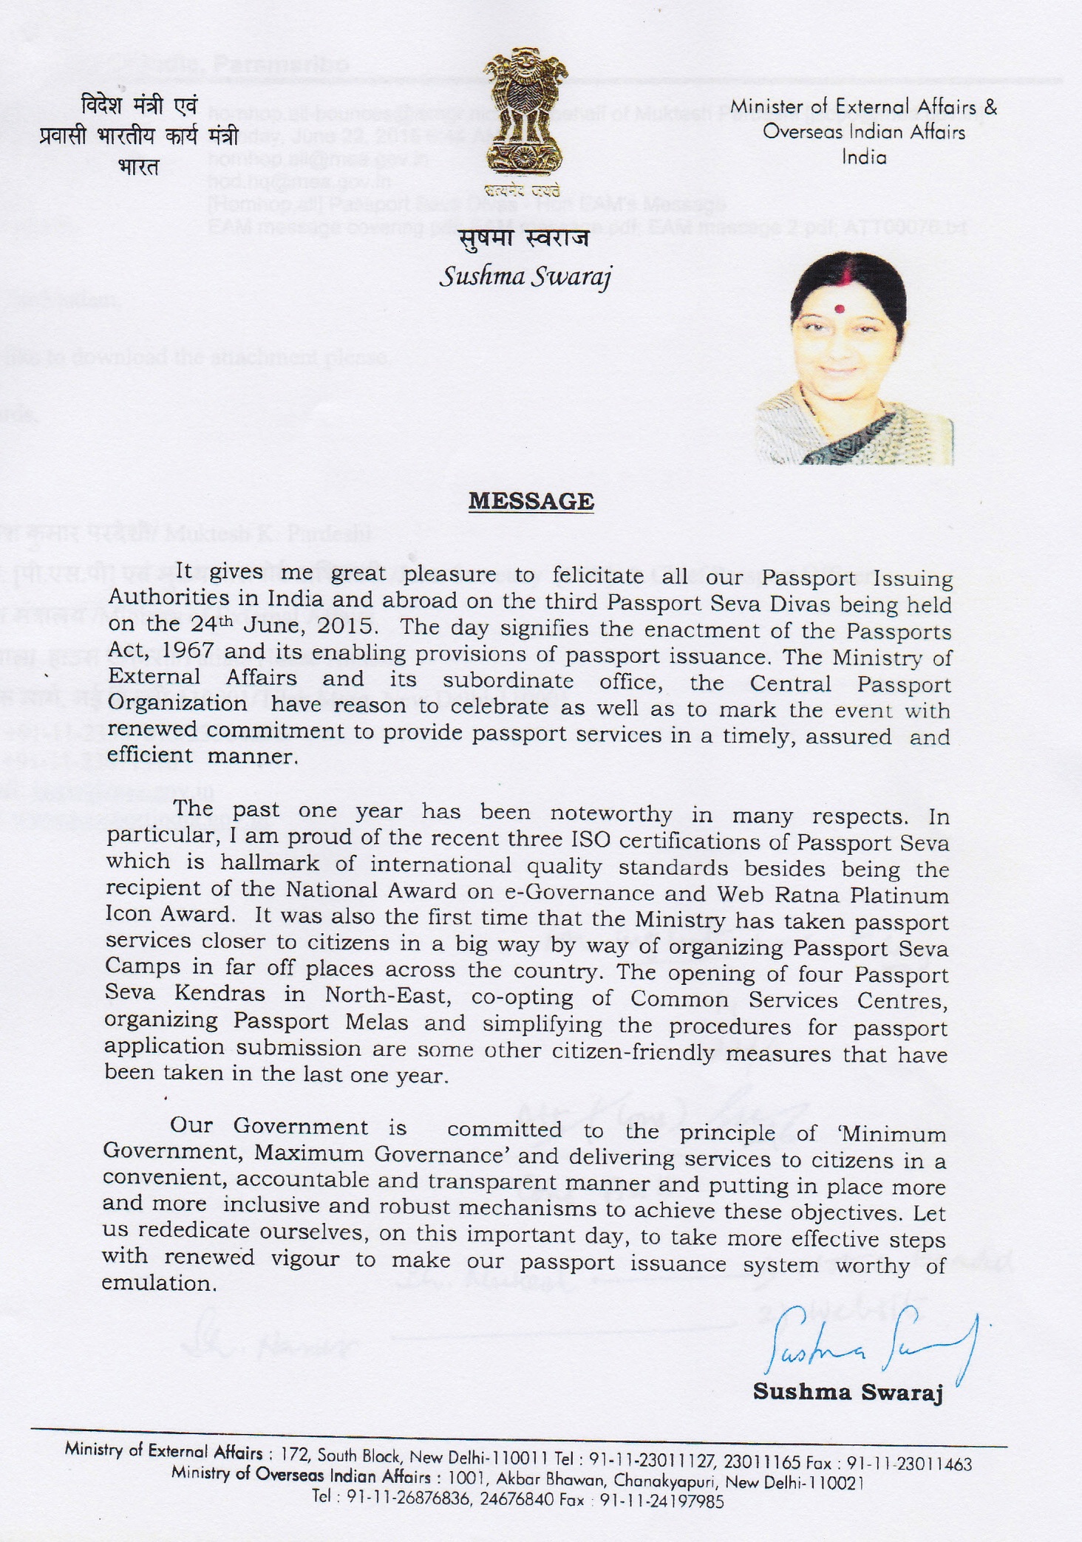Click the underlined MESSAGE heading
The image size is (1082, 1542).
[531, 501]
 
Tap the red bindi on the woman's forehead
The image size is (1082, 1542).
[840, 307]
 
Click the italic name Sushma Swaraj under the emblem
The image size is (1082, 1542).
[525, 276]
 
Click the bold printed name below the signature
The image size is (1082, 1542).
[848, 1392]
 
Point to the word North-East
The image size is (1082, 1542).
[388, 995]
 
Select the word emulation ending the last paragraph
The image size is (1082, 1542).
[159, 1283]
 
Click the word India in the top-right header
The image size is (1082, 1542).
[864, 157]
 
